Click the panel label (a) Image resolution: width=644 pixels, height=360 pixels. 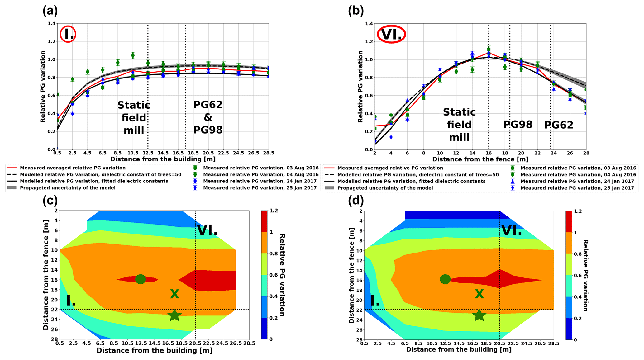50,11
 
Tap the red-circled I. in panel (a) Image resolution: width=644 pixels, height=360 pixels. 68,34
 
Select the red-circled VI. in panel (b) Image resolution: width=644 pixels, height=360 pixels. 391,34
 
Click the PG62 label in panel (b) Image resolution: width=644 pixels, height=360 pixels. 559,125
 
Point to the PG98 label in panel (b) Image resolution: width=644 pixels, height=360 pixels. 518,125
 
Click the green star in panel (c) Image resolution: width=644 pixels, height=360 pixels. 175,315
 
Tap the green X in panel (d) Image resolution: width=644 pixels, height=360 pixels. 479,294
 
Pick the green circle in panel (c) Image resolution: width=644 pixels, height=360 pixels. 141,279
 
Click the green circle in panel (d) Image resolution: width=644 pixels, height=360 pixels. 445,279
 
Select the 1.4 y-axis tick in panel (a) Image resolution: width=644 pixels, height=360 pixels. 52,23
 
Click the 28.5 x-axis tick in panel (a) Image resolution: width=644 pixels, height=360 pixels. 268,153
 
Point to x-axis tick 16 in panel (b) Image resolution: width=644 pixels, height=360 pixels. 489,153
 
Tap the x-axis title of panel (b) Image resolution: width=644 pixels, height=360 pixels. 480,159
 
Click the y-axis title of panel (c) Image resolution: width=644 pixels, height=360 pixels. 46,275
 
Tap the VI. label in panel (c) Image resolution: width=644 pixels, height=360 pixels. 207,230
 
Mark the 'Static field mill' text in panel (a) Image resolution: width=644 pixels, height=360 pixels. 134,118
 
